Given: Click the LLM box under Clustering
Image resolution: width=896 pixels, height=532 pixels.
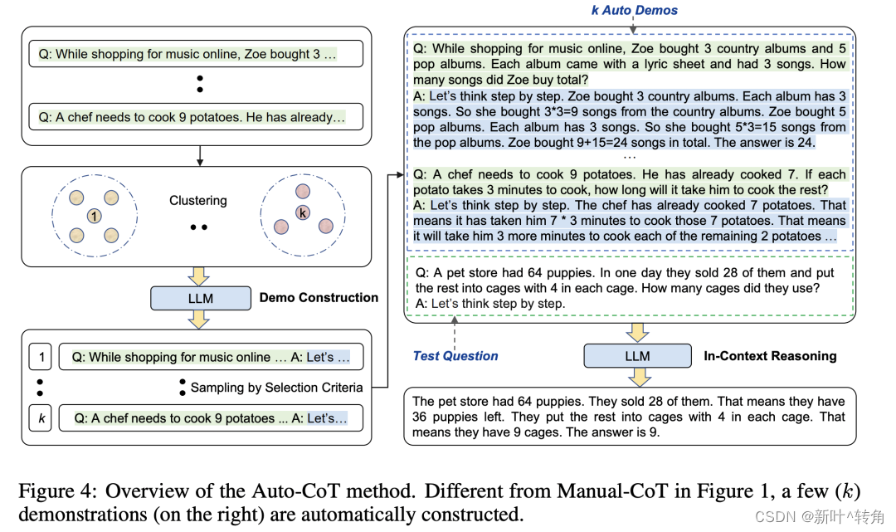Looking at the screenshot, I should (200, 298).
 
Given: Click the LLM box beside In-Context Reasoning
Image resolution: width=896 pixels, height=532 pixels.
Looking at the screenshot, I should (637, 356).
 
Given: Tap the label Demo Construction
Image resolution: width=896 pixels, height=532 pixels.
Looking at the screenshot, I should (319, 298).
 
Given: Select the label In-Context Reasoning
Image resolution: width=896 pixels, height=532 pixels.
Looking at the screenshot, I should (770, 356).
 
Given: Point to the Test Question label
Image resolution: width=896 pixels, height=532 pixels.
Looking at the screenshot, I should (455, 356).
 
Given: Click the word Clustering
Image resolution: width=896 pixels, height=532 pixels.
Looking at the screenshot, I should (198, 201).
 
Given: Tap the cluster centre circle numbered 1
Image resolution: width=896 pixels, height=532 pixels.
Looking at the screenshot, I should (95, 216).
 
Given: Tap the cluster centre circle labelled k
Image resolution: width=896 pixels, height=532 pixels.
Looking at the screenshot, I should (303, 212).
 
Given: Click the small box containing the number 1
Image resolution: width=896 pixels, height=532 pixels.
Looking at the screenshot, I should (41, 357).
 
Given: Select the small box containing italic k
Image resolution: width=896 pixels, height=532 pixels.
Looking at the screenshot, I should (41, 418).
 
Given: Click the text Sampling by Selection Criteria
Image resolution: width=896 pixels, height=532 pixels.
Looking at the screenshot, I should (276, 388).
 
